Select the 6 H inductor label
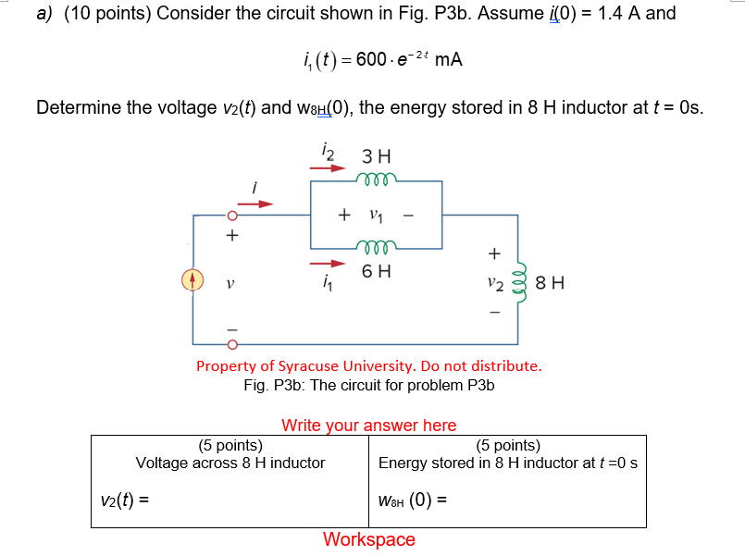376,271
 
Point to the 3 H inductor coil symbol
376,176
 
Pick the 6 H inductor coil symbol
376,246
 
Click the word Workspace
368,539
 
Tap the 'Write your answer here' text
368,426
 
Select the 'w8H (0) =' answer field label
413,501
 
